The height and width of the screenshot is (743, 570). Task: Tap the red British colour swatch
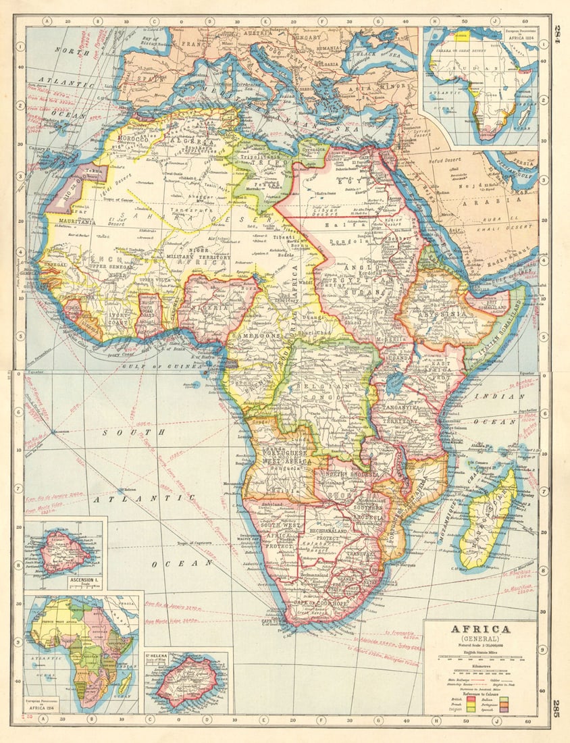coord(471,699)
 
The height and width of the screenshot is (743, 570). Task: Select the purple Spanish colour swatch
coord(504,710)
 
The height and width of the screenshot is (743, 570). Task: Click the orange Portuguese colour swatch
coord(504,704)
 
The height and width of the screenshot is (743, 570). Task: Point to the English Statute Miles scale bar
coord(480,657)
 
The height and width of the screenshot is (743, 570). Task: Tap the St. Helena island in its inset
coord(186,680)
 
